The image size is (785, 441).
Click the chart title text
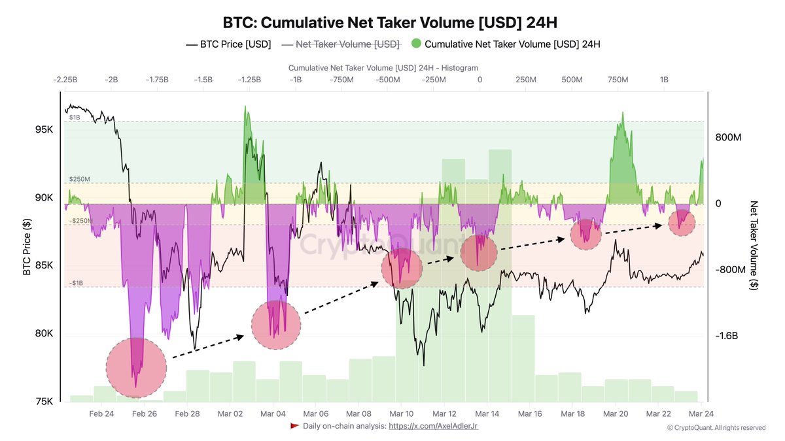[392, 22]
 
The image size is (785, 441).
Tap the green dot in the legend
[416, 44]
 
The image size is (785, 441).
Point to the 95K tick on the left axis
[44, 129]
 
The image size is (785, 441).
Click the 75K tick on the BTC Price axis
[44, 401]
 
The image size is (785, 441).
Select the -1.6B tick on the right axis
[727, 336]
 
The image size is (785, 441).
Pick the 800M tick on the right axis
[728, 138]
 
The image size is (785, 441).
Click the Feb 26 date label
[144, 414]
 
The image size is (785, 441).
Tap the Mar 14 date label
[487, 414]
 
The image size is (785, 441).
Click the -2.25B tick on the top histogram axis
[65, 79]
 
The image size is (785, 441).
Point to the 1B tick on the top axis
[664, 79]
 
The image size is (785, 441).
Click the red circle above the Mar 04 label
[276, 325]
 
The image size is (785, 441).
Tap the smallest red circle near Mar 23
[682, 223]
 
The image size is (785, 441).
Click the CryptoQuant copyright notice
[716, 428]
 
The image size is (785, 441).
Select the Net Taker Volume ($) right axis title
[754, 245]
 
